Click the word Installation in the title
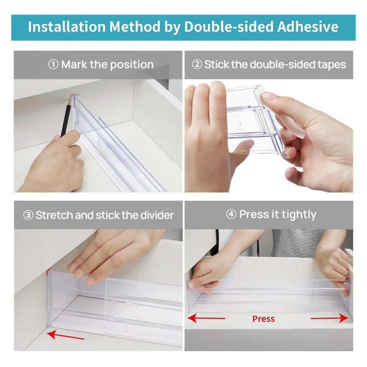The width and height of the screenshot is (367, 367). [x=67, y=27]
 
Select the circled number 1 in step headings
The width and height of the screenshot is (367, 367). [x=54, y=65]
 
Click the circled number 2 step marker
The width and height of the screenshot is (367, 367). [x=197, y=65]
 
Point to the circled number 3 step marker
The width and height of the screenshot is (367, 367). [x=28, y=215]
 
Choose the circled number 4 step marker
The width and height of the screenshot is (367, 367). [x=232, y=215]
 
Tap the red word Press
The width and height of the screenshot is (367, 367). [x=263, y=319]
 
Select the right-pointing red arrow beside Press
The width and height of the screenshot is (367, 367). [x=329, y=318]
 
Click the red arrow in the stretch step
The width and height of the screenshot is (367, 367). [x=65, y=335]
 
